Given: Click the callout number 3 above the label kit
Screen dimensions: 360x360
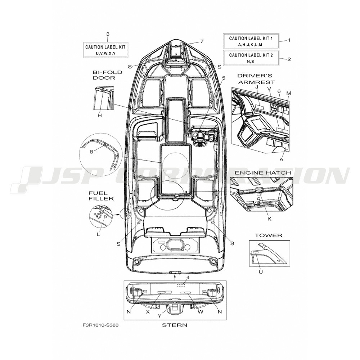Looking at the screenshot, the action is point(108,34).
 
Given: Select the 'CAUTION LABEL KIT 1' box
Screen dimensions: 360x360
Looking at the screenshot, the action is point(251,41).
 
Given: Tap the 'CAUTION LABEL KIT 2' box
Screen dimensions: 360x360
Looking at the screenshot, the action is point(251,58).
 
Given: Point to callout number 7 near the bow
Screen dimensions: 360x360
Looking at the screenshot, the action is point(202,41).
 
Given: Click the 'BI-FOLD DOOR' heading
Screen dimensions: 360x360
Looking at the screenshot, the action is point(107,75).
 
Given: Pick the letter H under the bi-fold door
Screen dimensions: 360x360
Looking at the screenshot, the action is point(99,116).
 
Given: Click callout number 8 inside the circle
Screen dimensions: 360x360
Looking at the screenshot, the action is point(91,152).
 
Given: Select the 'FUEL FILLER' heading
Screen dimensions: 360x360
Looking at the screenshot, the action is point(101,196).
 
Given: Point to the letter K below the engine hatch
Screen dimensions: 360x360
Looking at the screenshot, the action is point(269,219).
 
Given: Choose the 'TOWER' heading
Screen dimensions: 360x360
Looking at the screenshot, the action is point(269,235).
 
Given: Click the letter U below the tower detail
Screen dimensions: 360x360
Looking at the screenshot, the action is point(261,272).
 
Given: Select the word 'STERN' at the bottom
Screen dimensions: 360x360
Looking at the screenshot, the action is point(175,325).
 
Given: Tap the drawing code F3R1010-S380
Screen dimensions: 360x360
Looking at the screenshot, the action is point(100,325).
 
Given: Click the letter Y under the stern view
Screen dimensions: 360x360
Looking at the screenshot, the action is point(159,316).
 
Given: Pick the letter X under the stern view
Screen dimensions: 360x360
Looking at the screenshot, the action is point(148,311).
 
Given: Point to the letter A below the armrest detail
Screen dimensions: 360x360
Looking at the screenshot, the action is point(282,160).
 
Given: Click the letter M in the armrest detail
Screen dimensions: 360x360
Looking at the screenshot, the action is point(289,93).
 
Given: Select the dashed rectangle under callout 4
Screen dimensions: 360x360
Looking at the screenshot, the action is point(181,285).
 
